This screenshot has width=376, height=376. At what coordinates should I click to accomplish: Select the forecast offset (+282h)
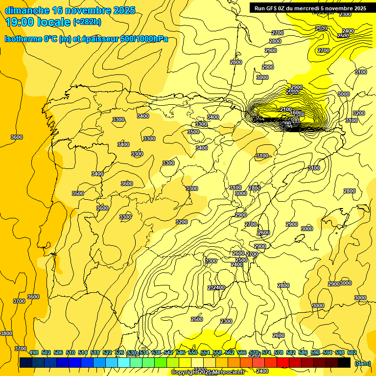87,22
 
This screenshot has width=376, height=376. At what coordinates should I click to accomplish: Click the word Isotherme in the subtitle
24,39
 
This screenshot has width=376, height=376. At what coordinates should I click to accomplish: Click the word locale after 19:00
54,22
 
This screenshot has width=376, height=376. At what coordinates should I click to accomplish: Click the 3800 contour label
6,333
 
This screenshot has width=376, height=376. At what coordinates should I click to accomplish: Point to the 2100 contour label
286,109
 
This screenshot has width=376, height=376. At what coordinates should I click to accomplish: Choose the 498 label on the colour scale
34,352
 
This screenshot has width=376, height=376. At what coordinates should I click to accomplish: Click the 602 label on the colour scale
352,352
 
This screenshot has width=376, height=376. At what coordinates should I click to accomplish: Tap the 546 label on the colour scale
181,352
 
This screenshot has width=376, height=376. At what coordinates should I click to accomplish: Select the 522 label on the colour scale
107,352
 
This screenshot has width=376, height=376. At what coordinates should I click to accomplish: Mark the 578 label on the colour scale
279,352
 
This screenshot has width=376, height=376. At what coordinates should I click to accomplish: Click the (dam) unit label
363,363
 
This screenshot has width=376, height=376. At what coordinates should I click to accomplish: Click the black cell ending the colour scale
344,362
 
